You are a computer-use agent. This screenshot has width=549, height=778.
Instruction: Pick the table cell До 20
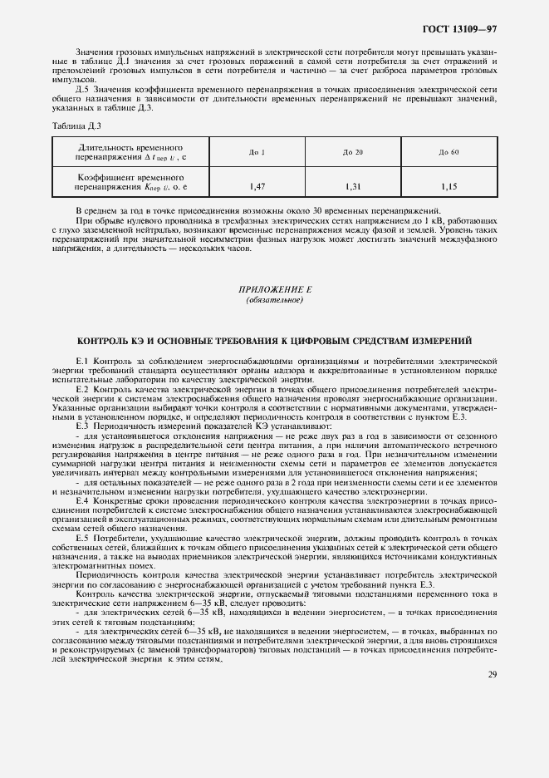pyautogui.click(x=353, y=152)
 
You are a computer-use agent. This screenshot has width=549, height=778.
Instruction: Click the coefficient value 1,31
pyautogui.click(x=353, y=187)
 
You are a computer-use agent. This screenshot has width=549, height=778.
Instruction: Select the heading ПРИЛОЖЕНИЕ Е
pyautogui.click(x=274, y=288)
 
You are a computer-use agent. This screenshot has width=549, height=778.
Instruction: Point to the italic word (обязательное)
pyautogui.click(x=274, y=299)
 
